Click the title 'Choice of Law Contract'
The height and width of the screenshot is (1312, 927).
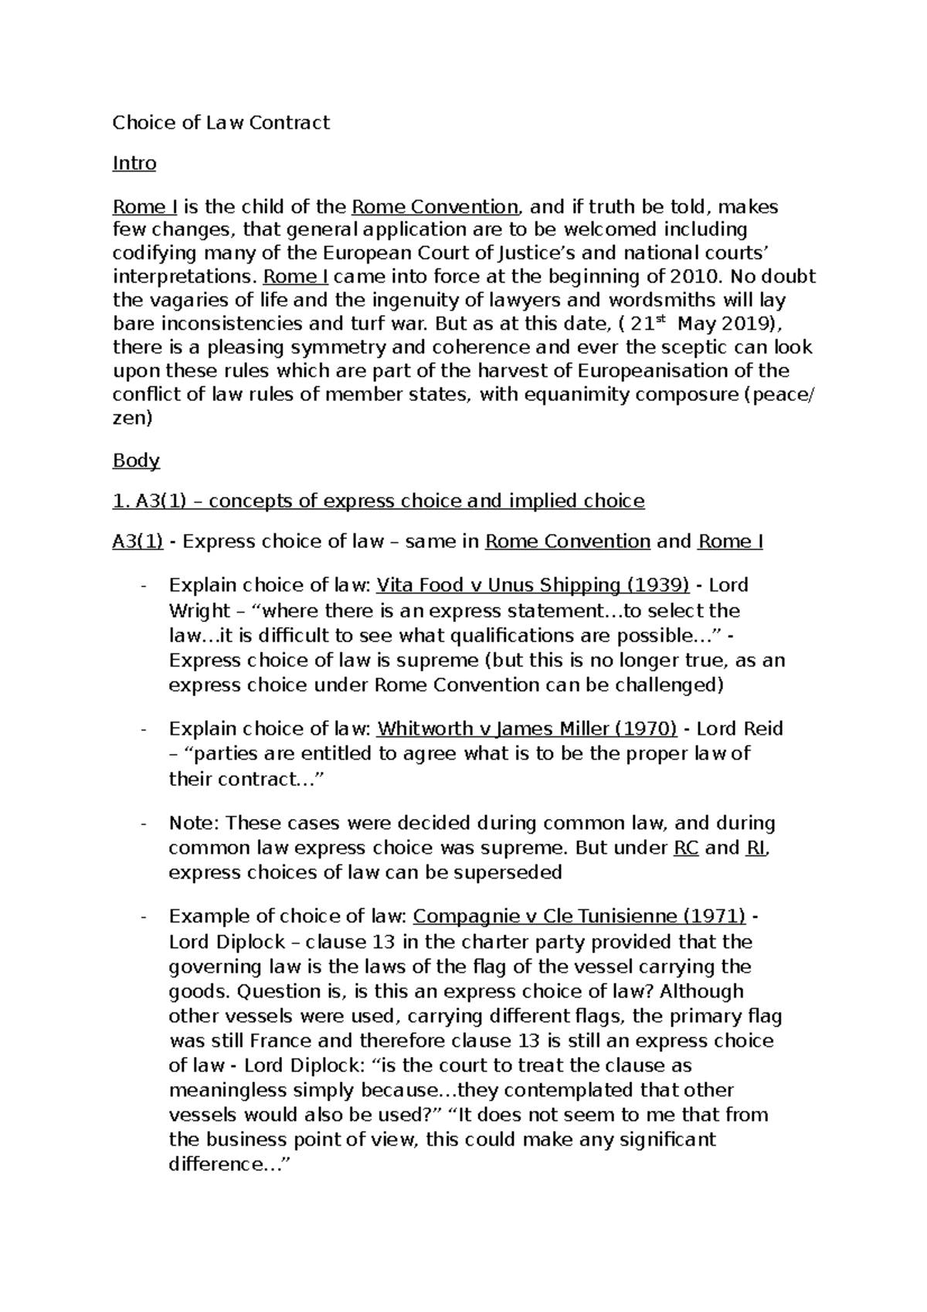[221, 123]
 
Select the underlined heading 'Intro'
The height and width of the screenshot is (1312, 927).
[134, 164]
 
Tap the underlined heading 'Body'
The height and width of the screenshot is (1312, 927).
[136, 461]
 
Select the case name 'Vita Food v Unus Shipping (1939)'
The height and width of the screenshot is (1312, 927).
[532, 585]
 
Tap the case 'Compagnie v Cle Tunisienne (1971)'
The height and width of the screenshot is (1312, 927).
[579, 916]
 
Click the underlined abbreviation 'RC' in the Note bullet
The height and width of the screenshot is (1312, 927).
[686, 848]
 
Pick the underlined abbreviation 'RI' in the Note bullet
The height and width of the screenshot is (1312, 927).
[756, 848]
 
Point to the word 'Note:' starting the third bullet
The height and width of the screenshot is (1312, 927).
[193, 823]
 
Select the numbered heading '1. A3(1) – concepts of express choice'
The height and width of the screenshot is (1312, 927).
[379, 501]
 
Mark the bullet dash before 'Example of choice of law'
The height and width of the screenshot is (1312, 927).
[144, 917]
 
